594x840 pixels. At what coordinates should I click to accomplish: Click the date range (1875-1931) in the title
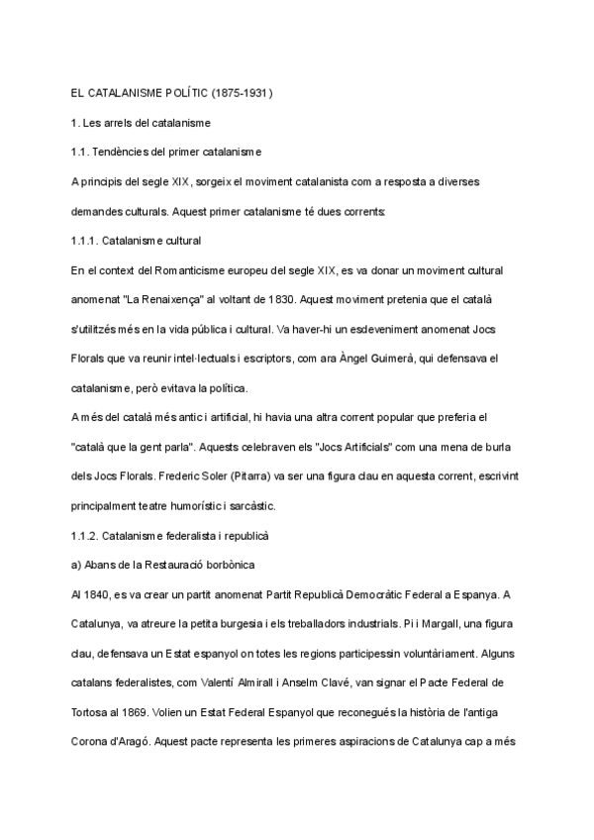[242, 92]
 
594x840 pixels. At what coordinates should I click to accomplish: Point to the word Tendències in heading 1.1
[131, 152]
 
